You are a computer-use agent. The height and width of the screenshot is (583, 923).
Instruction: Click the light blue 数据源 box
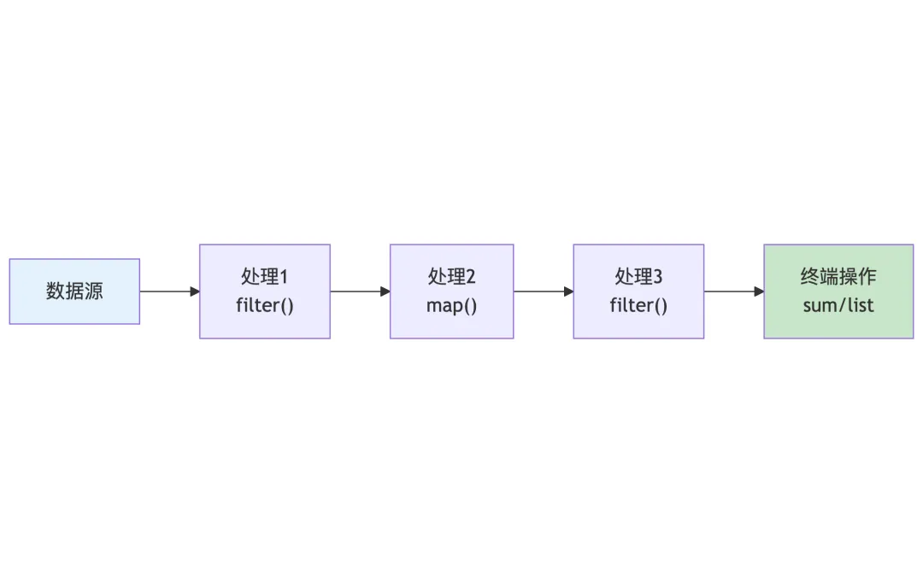(74, 291)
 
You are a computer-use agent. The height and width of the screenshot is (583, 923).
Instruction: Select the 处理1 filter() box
(265, 291)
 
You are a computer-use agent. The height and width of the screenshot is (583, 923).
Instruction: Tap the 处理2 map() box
(452, 291)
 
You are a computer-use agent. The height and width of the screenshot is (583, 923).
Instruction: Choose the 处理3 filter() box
(638, 291)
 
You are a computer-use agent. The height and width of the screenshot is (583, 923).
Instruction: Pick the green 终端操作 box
(838, 291)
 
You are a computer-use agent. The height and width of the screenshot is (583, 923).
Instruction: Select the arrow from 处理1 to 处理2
(360, 291)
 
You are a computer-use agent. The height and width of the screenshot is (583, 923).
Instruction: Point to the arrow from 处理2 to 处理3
(544, 291)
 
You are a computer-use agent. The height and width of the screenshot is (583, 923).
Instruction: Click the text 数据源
(74, 291)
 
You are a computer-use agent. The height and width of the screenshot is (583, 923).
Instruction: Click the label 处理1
(265, 277)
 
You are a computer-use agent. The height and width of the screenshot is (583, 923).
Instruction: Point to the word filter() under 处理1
(265, 305)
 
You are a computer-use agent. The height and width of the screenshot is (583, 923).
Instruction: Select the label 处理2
(452, 277)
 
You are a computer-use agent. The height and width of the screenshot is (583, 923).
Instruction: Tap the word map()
(452, 305)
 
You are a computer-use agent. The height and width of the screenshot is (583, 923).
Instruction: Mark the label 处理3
(638, 277)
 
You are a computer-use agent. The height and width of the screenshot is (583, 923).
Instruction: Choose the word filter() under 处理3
(638, 305)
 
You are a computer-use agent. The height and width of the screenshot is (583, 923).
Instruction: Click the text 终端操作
(838, 277)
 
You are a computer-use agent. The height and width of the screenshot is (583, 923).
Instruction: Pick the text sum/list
(838, 305)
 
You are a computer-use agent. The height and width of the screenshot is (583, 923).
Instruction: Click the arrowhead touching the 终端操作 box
(759, 291)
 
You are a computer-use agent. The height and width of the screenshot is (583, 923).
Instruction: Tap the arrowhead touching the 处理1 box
(195, 291)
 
